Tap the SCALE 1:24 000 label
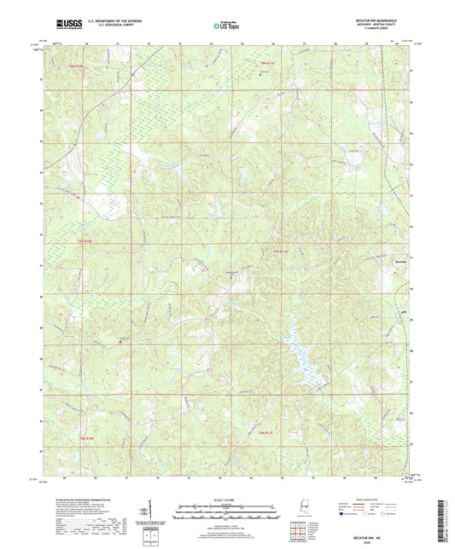pos(226,500)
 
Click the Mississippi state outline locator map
pos(306,509)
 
